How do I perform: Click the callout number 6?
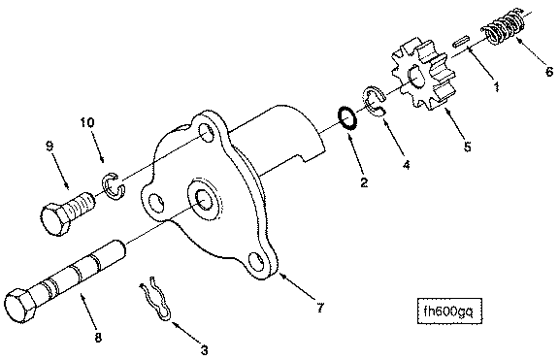[549, 71]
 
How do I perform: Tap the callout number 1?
[496, 86]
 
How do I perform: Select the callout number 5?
[468, 147]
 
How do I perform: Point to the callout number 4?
[406, 164]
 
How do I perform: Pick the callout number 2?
[364, 182]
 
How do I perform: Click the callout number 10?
[87, 122]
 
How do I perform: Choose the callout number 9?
[49, 146]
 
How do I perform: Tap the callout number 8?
[98, 337]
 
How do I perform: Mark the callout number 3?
[204, 350]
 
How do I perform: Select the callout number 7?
[320, 308]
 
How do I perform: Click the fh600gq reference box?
[449, 311]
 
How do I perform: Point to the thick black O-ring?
[346, 118]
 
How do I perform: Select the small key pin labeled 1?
[461, 40]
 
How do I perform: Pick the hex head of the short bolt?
[56, 219]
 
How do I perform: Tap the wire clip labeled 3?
[156, 299]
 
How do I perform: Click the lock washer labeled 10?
[114, 185]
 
